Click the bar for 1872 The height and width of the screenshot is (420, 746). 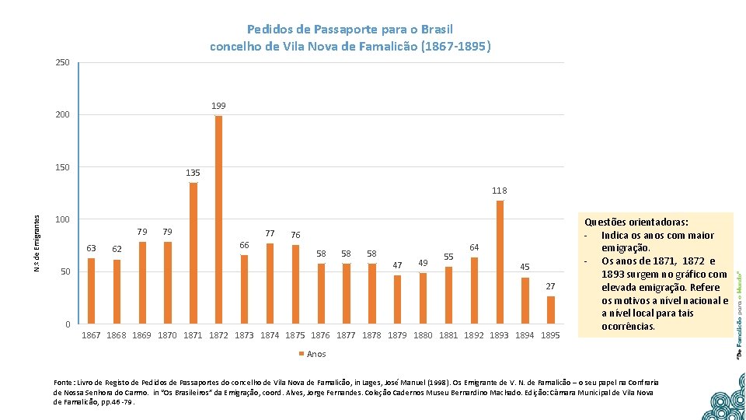tap(218, 219)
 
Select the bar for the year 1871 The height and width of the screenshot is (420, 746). tap(193, 253)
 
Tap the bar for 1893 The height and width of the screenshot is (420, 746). tap(500, 262)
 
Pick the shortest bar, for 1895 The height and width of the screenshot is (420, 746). tap(551, 310)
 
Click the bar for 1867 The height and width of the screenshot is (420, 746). tap(91, 291)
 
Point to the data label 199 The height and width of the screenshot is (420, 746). tap(218, 106)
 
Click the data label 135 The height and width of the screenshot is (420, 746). tap(193, 173)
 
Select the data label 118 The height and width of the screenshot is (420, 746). tap(499, 191)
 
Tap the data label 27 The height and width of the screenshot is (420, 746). tap(550, 286)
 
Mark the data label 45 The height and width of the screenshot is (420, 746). tap(525, 268)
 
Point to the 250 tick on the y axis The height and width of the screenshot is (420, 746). tap(62, 62)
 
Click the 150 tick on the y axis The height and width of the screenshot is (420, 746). tap(62, 167)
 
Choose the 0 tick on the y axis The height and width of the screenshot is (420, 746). tap(67, 324)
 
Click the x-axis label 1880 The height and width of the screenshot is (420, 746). tap(424, 335)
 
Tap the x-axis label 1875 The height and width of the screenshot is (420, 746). tap(295, 335)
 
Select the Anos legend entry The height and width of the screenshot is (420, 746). tap(312, 354)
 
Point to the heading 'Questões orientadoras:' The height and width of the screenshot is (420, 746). tap(636, 222)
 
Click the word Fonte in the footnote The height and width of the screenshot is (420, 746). tap(64, 383)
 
